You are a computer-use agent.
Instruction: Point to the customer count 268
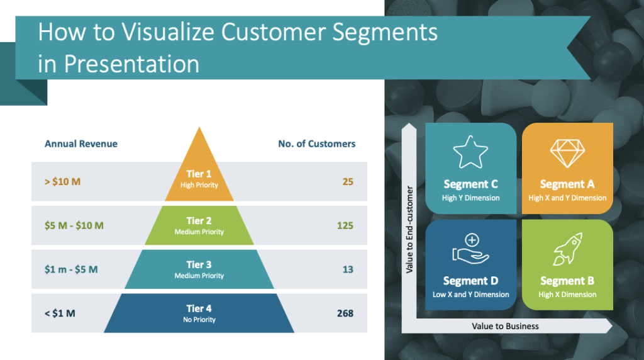[x=345, y=313]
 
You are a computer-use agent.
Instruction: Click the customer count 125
[x=345, y=225]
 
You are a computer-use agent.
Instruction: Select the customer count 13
[x=348, y=269]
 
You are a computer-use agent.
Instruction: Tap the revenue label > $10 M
[x=63, y=182]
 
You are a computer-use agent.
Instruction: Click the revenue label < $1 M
[x=60, y=313]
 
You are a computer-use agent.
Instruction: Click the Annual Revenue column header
[x=81, y=143]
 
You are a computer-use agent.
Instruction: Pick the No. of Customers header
[x=316, y=143]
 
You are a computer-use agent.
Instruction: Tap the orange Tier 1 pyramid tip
[x=199, y=170]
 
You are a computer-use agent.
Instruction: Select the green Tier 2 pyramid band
[x=199, y=225]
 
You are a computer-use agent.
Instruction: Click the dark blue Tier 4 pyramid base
[x=199, y=313]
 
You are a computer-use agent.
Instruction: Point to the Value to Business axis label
[x=505, y=326]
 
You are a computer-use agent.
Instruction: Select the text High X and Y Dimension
[x=567, y=198]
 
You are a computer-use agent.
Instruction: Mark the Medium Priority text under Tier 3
[x=199, y=276]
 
